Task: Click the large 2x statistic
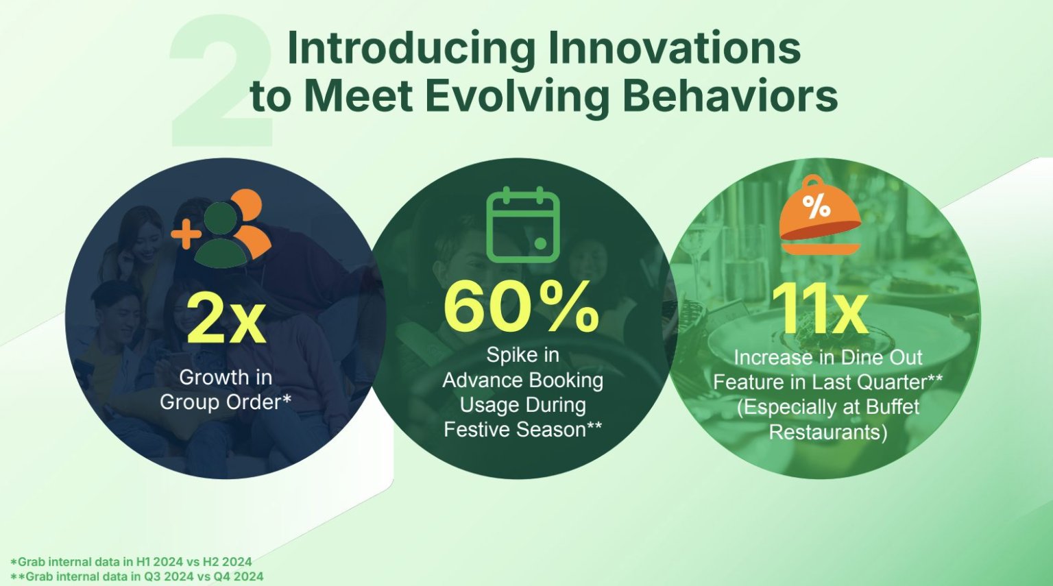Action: coord(226,319)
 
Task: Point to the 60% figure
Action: coord(522,306)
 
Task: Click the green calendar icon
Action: coord(523,224)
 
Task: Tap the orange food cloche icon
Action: coord(821,215)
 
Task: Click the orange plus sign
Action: coord(186,234)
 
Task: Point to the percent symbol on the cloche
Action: coord(816,207)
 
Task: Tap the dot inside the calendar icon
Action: coord(541,243)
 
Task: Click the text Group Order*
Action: coord(226,402)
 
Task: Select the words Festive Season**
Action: coord(523,430)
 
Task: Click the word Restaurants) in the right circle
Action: coord(828,432)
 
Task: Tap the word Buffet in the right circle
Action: coord(893,407)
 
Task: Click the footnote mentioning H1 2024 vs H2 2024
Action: coord(131,561)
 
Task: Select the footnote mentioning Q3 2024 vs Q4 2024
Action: coord(137,576)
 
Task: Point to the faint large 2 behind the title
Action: coord(221,80)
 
